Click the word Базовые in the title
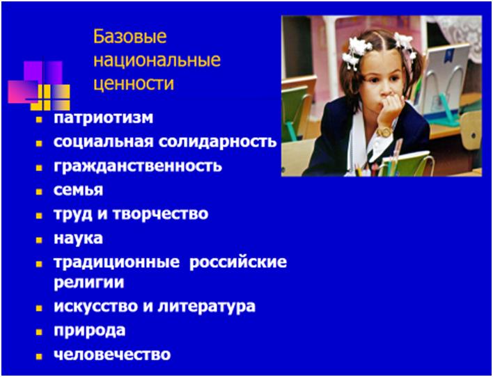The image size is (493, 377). coord(130,37)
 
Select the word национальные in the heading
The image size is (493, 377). coord(157,61)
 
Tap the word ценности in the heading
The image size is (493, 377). coord(134,83)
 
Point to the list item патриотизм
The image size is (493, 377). coord(104,118)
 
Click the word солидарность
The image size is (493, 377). coord(217,142)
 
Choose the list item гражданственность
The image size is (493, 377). coord(138,166)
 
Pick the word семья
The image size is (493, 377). coord(78,190)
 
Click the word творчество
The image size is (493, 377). coord(160,214)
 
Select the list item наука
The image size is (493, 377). coord(78,239)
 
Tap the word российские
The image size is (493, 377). coord(238,263)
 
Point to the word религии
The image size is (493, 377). coord(88,282)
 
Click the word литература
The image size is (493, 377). coord(207,307)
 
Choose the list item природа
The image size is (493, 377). coord(90,330)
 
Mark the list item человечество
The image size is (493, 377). coord(112,355)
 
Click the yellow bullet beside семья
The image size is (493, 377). coord(39,191)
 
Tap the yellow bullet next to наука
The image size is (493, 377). coord(39,240)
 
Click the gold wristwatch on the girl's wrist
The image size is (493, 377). coord(384,131)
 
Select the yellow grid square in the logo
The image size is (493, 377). coord(50,97)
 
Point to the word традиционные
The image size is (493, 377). coord(116,263)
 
